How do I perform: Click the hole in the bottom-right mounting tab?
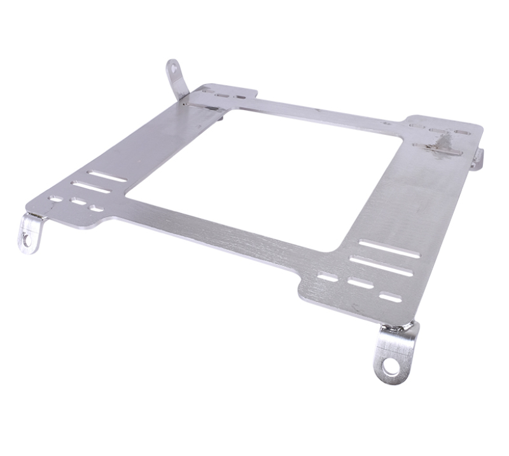(391, 367)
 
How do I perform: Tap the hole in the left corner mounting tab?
(26, 238)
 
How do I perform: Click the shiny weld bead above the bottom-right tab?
(398, 328)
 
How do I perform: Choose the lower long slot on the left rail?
(91, 188)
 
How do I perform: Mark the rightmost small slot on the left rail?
(97, 208)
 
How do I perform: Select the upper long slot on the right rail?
(389, 249)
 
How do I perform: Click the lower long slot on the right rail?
(381, 266)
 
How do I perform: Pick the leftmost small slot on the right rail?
(328, 277)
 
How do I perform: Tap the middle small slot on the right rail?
(360, 284)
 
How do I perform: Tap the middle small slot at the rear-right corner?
(440, 130)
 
